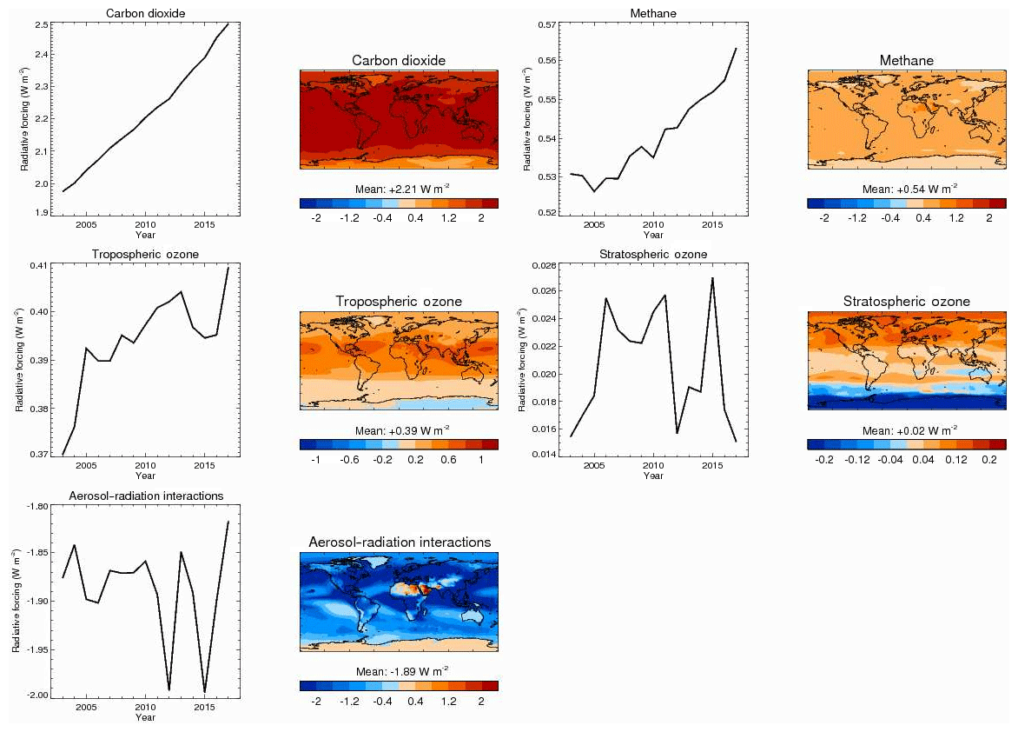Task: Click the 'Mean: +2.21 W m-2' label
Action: [399, 188]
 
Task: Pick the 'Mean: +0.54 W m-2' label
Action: [906, 188]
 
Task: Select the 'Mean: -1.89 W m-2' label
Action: [399, 671]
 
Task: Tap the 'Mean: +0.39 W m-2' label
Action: [399, 429]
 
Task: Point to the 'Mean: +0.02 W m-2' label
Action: [906, 429]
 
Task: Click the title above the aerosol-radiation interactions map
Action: [400, 542]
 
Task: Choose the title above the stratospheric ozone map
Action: [906, 302]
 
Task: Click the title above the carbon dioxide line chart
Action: [145, 12]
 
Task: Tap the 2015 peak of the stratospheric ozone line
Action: [712, 278]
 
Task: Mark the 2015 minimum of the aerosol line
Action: [204, 692]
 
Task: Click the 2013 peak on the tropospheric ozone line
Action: [181, 292]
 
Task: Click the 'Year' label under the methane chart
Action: [653, 235]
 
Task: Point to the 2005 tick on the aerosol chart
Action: [85, 707]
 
